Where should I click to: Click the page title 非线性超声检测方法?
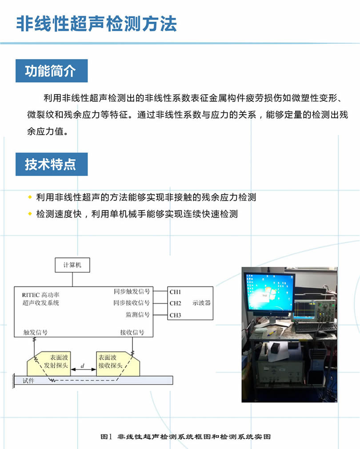click(x=96, y=24)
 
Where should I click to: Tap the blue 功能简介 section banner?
click(x=52, y=71)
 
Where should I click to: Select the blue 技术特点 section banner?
click(x=52, y=164)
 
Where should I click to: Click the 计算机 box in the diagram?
click(x=72, y=265)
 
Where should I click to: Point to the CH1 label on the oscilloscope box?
click(x=175, y=292)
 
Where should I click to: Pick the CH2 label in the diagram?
click(x=175, y=303)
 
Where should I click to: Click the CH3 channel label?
click(x=175, y=315)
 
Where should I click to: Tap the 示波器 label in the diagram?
click(x=201, y=303)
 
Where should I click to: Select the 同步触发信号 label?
click(x=132, y=291)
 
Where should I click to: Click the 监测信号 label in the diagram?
click(x=138, y=314)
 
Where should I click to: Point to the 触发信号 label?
click(x=35, y=332)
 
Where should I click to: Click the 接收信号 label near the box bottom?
click(x=132, y=332)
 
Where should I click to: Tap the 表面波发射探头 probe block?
click(x=49, y=364)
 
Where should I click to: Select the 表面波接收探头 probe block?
click(x=118, y=364)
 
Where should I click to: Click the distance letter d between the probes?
click(x=83, y=366)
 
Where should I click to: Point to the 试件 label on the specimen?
click(x=28, y=381)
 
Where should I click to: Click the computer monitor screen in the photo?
click(x=269, y=292)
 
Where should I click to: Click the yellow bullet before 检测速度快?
click(x=30, y=214)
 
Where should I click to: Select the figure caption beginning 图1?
click(x=185, y=437)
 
